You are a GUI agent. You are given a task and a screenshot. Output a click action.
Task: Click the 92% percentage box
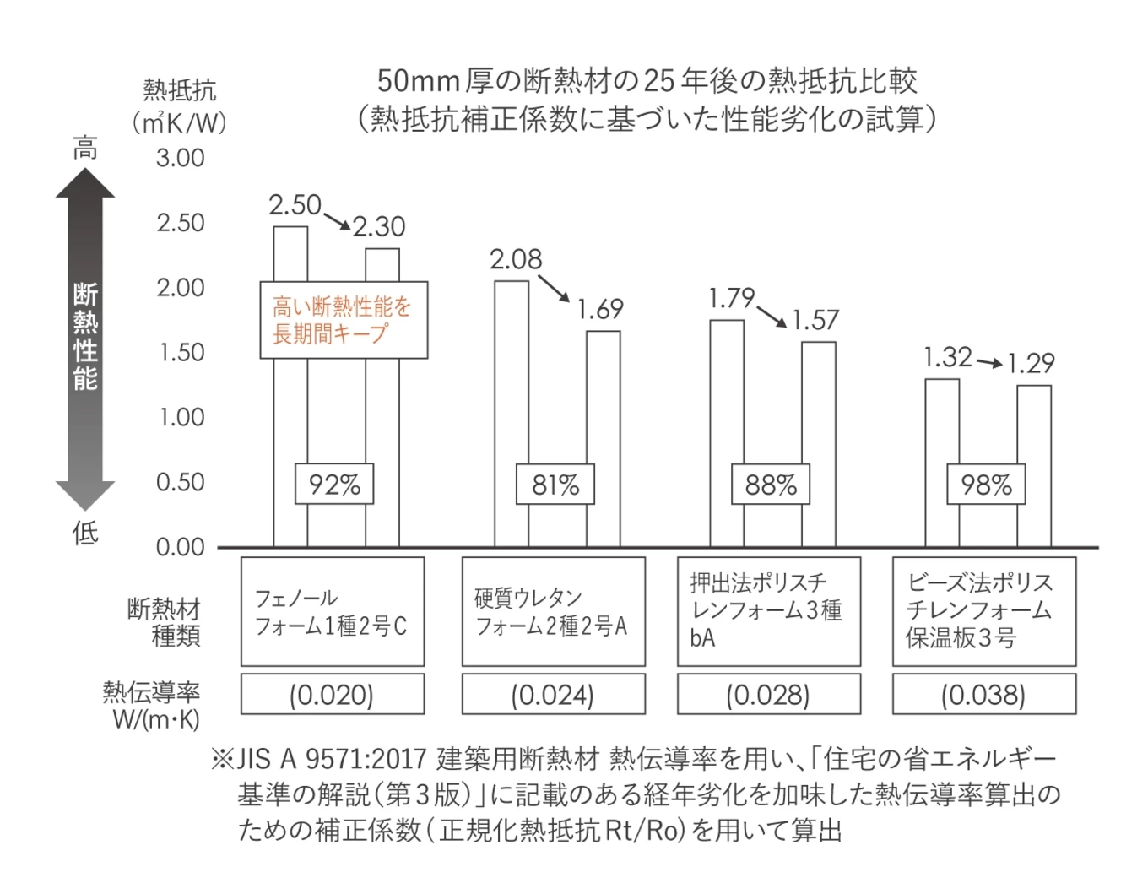point(334,485)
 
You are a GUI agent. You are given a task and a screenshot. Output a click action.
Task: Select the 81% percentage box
point(555,485)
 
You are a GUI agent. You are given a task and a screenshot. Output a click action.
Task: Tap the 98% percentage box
point(986,485)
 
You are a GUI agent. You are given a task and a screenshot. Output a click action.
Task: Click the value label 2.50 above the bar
point(295,205)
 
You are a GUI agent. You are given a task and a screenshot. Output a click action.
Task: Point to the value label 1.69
point(600,310)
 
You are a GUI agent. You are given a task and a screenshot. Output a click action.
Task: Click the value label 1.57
point(815,321)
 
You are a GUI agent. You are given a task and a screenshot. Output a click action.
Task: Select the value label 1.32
point(947,357)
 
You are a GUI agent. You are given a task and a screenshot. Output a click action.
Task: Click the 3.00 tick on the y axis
point(180,158)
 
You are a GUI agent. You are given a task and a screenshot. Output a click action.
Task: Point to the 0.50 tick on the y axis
point(180,482)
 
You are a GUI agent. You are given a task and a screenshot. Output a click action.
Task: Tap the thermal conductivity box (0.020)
point(333,695)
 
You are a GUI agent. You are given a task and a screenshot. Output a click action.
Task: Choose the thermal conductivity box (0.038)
point(984,695)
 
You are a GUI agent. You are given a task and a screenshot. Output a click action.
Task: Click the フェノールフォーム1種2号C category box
point(333,612)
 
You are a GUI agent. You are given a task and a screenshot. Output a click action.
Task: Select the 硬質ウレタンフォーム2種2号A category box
point(553,612)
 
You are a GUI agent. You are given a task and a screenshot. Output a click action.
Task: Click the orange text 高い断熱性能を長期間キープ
point(343,320)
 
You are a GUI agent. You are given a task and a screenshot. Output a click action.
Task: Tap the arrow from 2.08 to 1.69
point(555,288)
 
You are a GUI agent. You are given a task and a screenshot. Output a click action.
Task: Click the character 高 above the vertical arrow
point(84,149)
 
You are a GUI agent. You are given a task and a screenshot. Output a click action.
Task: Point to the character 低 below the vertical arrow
point(84,533)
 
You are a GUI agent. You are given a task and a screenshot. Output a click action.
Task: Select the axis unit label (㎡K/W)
point(179,123)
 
